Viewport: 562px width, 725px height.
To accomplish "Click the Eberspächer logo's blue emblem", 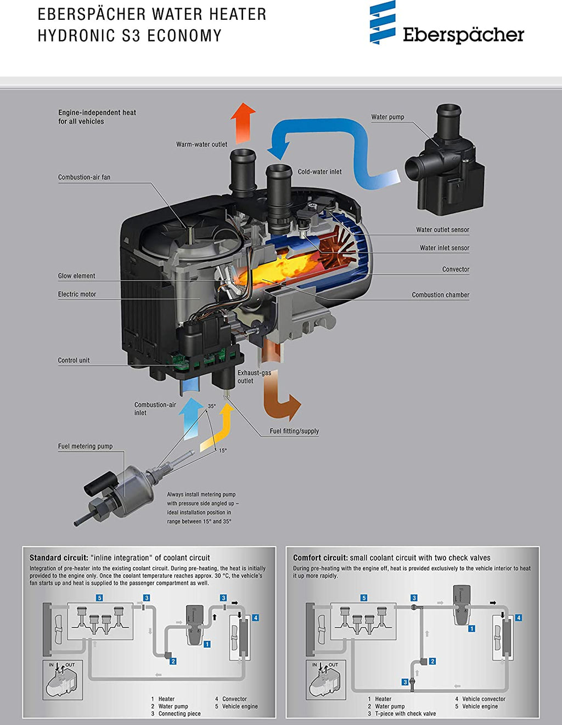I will [383, 23].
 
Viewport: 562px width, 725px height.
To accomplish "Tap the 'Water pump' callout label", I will [387, 117].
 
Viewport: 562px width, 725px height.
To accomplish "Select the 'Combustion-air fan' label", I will [84, 177].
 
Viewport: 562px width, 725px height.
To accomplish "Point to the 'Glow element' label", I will [76, 276].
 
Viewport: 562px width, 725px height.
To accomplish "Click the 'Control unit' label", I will [74, 361].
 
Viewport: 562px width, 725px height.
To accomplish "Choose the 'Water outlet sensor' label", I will [442, 230].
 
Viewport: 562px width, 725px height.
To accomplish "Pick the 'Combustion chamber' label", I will [440, 295].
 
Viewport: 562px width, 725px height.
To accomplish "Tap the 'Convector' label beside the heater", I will [456, 269].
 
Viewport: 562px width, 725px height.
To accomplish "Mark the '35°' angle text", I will [212, 407].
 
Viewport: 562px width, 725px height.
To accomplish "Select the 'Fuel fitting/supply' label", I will [294, 431].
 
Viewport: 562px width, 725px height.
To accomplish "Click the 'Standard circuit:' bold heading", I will [58, 558].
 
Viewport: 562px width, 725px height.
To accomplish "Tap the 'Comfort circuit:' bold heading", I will [320, 558].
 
